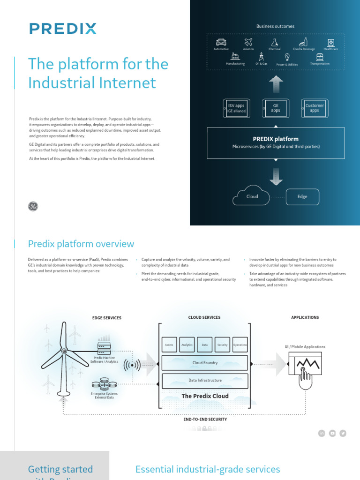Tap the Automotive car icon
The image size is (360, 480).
tap(221, 42)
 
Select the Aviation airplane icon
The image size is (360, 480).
tap(248, 42)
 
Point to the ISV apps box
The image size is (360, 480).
tap(236, 108)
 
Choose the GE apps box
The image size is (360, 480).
tap(276, 108)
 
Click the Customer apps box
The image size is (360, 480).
tap(315, 108)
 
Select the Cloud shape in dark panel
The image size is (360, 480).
tap(253, 196)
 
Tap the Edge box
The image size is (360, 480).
tap(302, 197)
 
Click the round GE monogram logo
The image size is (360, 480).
tap(33, 206)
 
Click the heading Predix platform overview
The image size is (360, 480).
tap(81, 244)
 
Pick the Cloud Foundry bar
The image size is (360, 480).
tap(205, 363)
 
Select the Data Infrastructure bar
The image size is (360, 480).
tap(205, 380)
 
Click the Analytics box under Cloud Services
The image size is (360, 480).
tap(187, 345)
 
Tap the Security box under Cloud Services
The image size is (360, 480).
tap(222, 345)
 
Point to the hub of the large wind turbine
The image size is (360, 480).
tap(65, 352)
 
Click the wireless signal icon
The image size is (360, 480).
tap(132, 364)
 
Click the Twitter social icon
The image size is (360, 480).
tap(343, 433)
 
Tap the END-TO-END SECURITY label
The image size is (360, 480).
tap(205, 419)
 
